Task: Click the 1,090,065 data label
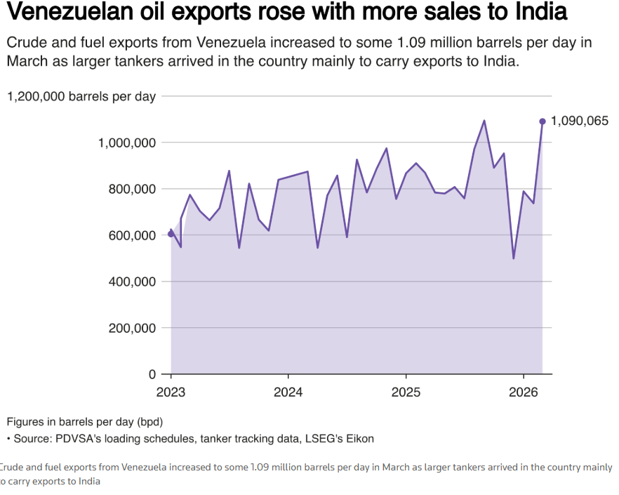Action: [x=580, y=121]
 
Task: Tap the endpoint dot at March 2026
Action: [x=543, y=121]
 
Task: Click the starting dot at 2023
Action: [x=171, y=234]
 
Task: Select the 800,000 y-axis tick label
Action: [x=135, y=189]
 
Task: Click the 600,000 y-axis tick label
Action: [x=135, y=235]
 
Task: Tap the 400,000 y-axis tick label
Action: [x=135, y=282]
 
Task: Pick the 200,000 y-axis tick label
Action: [x=135, y=328]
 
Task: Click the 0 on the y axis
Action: [x=152, y=374]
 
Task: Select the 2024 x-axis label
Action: [x=288, y=390]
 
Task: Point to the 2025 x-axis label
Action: [x=406, y=390]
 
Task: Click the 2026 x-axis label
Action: [x=524, y=390]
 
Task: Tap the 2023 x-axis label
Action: [x=171, y=390]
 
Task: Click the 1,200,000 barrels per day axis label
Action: [x=81, y=96]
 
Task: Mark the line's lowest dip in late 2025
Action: [x=514, y=258]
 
